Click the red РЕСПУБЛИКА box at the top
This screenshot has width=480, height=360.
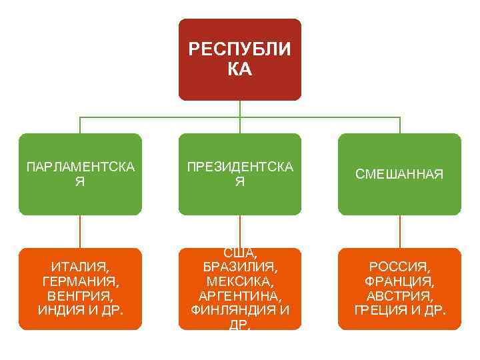(239, 59)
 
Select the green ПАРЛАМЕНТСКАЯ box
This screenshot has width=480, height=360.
(80, 174)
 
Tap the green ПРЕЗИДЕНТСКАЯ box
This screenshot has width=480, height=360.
(239, 174)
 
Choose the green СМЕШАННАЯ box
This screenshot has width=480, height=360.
(399, 174)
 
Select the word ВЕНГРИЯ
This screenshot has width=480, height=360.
(78, 295)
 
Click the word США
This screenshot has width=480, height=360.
(240, 252)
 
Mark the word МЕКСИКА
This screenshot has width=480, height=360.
(239, 280)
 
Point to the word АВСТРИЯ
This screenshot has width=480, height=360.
(399, 295)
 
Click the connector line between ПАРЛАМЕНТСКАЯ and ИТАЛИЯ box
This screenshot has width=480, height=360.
(80, 231)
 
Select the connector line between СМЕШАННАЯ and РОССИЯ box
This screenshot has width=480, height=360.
(400, 231)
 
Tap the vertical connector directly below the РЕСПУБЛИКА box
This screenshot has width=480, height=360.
(240, 109)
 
